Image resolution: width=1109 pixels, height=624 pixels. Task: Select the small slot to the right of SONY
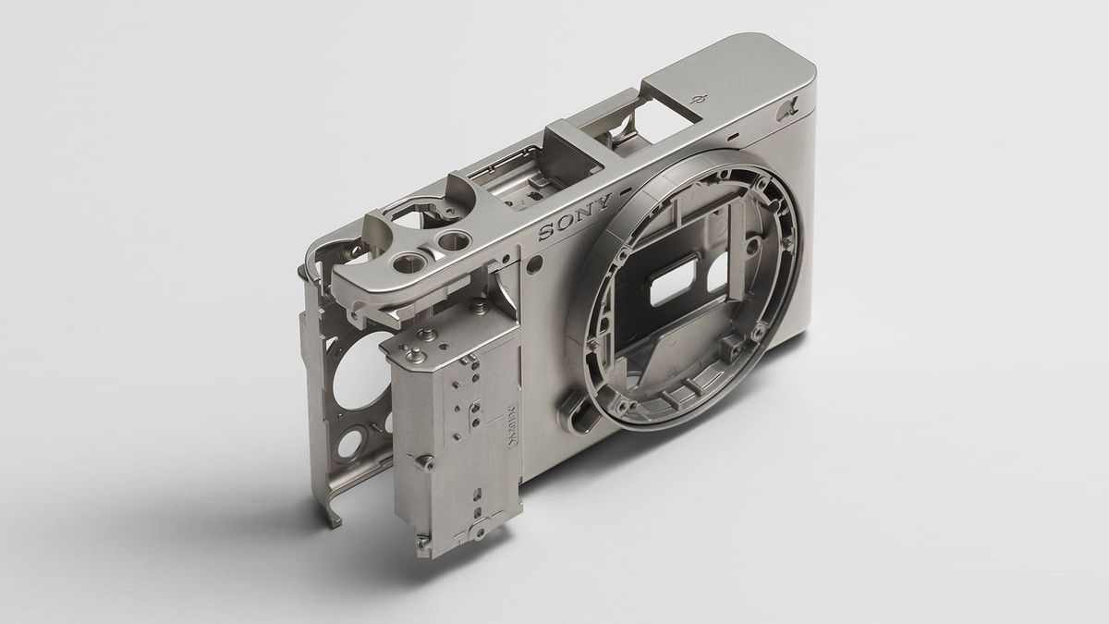pyautogui.click(x=627, y=190)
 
